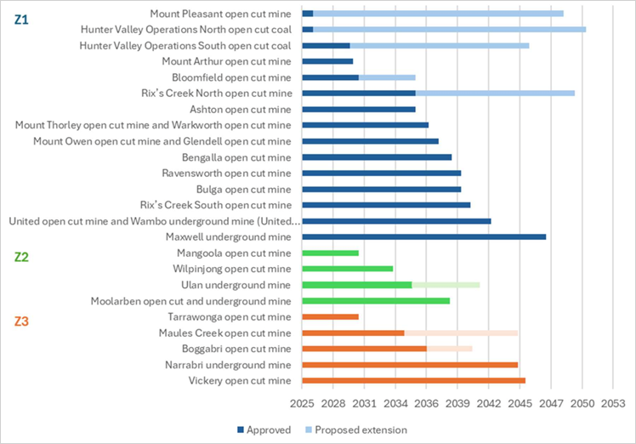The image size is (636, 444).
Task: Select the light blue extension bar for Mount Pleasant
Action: [438, 14]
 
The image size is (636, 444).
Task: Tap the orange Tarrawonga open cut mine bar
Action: [330, 316]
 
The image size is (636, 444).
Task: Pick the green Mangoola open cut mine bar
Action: [330, 253]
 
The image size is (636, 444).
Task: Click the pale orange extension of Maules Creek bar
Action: [461, 333]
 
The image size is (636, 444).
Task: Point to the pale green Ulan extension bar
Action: [446, 285]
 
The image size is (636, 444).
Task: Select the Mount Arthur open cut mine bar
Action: [327, 61]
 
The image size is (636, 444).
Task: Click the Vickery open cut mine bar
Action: [413, 380]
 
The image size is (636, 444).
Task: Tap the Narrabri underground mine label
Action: [229, 365]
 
